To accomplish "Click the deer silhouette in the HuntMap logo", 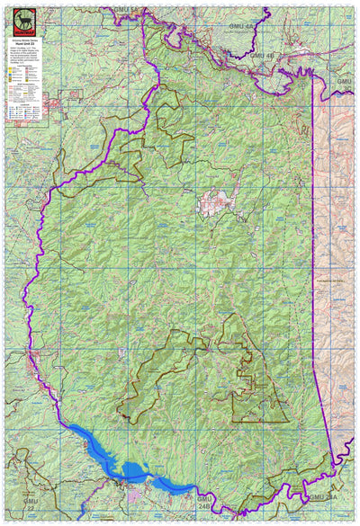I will pos(18,15).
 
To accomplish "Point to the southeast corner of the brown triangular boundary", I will pos(289,422).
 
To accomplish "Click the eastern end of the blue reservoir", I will pos(189,490).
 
